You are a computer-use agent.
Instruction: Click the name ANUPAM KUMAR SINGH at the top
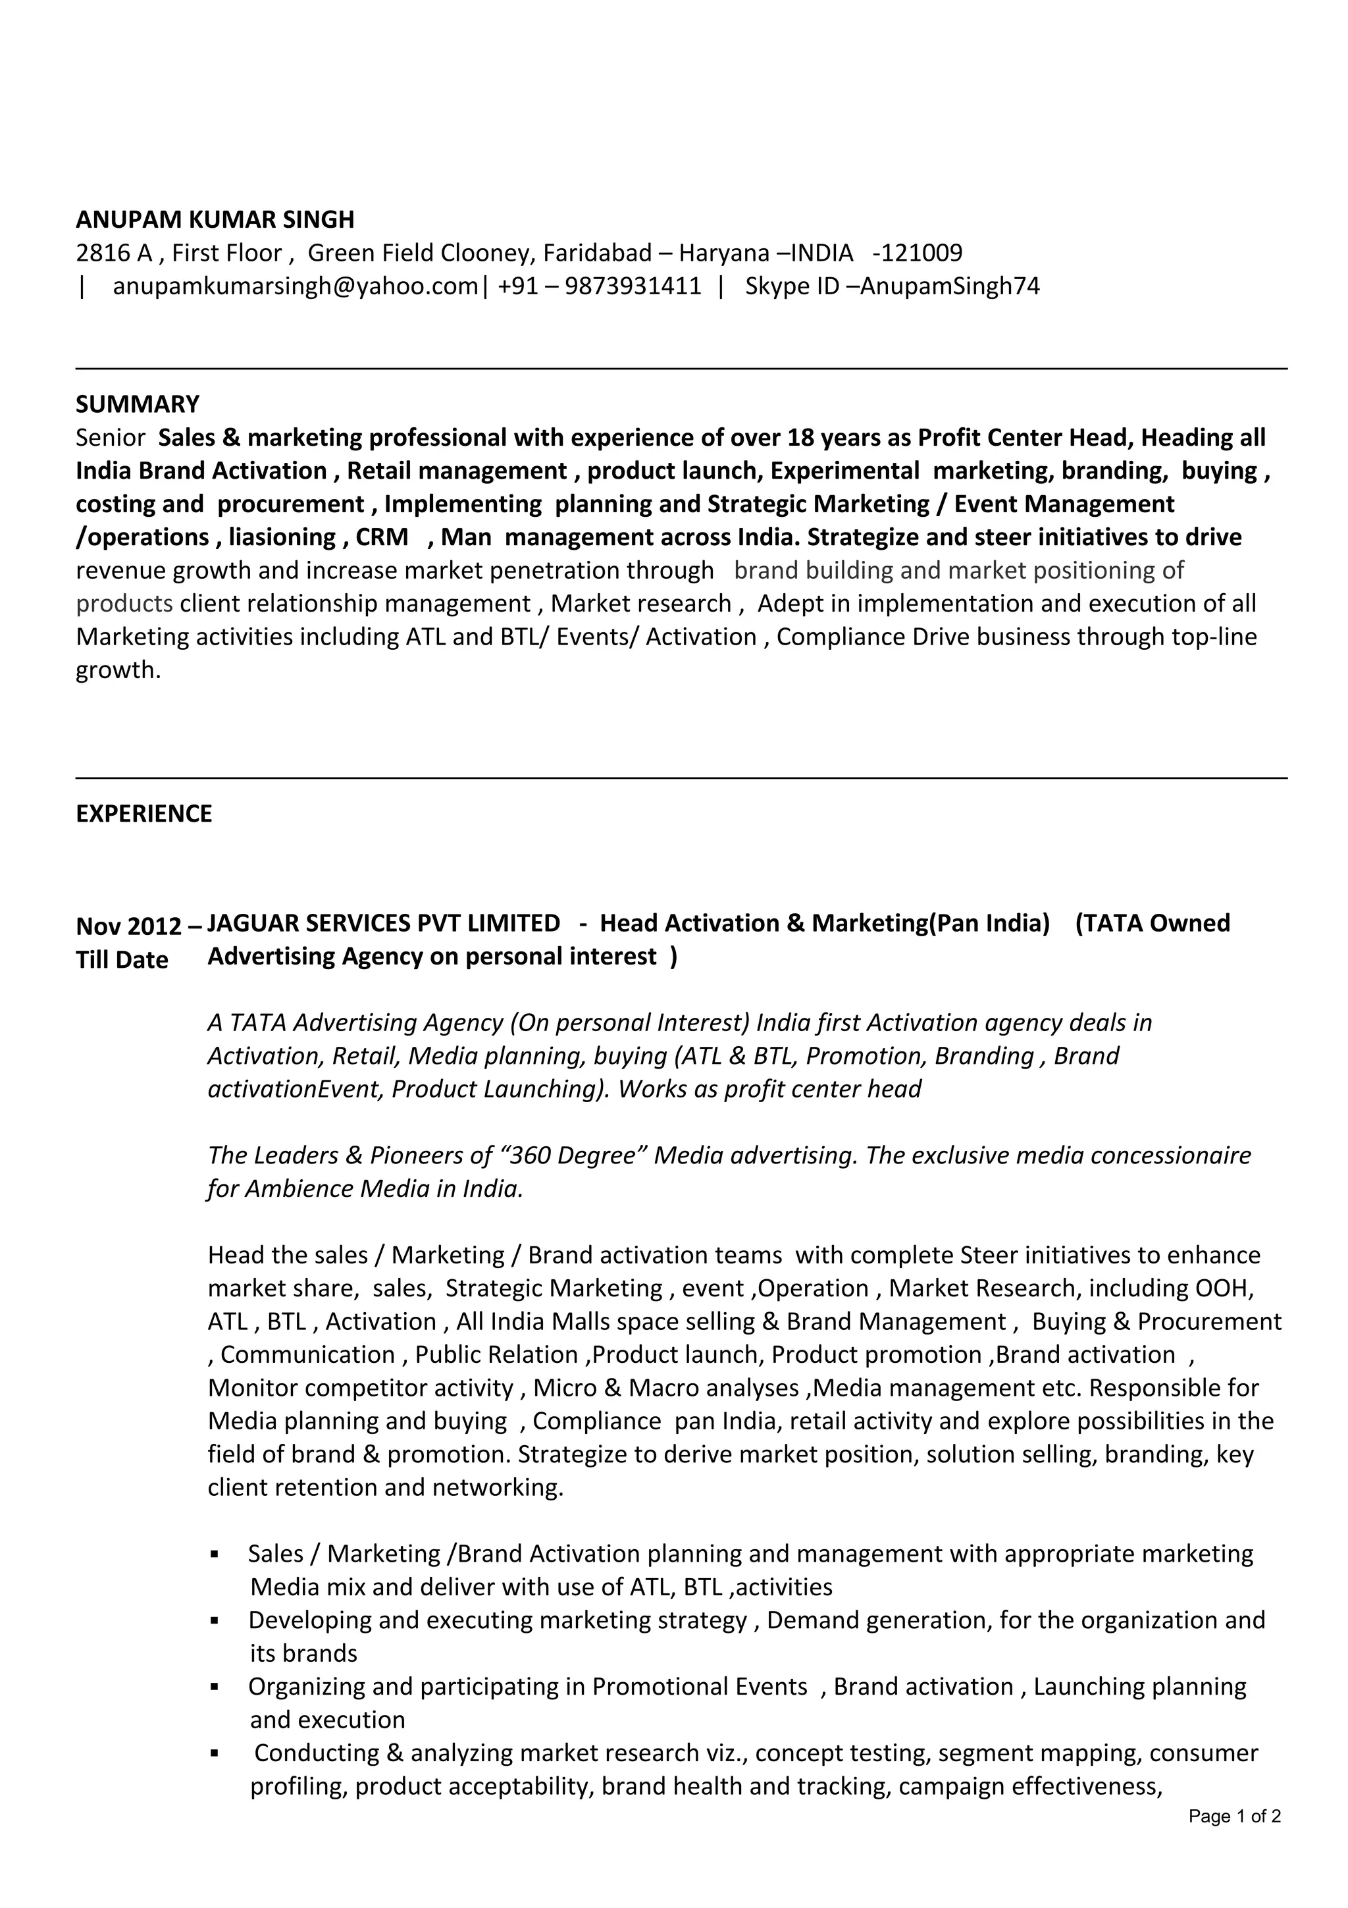(x=215, y=219)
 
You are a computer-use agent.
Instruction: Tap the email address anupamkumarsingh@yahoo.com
(x=295, y=286)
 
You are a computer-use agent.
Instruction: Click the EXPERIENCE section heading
(x=143, y=814)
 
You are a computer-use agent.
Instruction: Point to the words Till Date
(x=121, y=960)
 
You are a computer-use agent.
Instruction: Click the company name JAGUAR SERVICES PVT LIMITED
(x=383, y=923)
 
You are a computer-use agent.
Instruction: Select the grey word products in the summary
(x=124, y=603)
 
